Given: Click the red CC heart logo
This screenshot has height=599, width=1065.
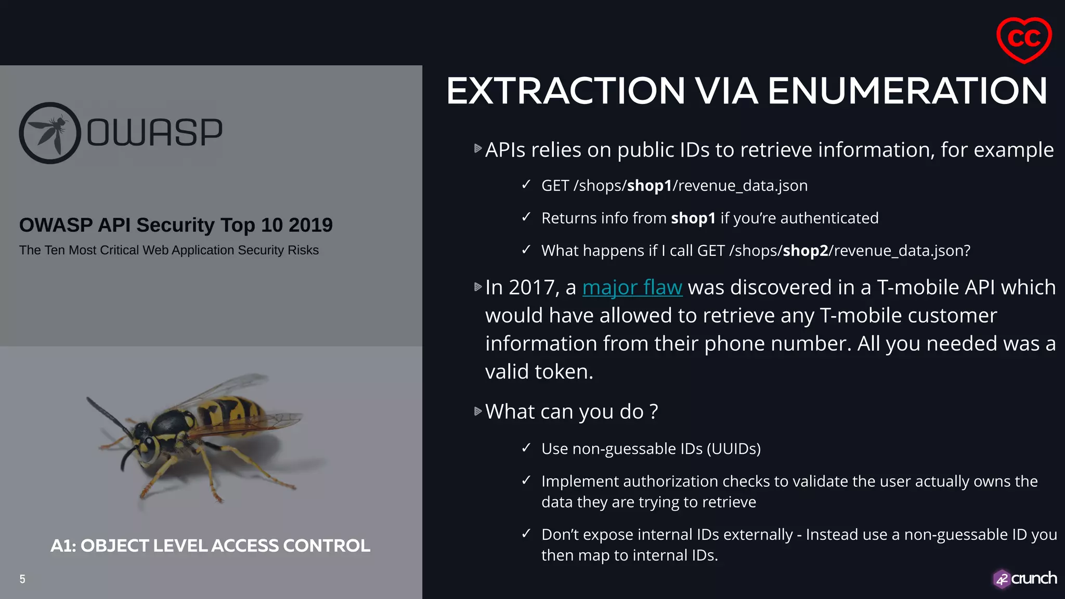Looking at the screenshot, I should [1023, 40].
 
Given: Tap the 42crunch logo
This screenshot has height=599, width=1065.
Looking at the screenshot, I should [1024, 578].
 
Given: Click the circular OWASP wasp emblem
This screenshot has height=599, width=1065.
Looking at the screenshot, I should [50, 133].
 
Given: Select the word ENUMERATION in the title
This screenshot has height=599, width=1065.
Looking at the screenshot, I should [907, 91].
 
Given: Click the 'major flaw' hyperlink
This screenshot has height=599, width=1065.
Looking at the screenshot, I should [632, 288].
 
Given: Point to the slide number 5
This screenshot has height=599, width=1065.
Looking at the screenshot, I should [22, 579].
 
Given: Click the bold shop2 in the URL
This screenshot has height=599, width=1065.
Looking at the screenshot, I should [805, 251].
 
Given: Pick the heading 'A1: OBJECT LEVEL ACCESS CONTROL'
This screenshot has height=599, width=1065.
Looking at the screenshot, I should [210, 545].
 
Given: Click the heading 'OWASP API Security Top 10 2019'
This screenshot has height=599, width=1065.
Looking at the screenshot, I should [176, 225].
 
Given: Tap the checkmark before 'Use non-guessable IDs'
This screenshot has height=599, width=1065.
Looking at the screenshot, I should [526, 448].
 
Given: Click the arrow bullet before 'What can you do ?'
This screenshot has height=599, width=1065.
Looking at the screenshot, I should [478, 411].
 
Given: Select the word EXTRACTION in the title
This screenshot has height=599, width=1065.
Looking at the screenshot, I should [566, 91].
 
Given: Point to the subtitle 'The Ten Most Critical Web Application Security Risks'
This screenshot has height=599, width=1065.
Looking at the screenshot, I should [169, 250].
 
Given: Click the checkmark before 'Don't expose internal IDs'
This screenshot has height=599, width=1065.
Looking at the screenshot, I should [526, 533].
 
